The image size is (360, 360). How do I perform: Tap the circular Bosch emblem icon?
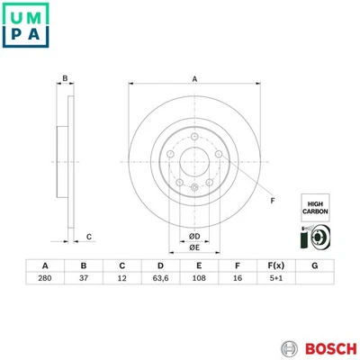(287, 347)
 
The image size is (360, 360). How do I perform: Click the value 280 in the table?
(45, 280)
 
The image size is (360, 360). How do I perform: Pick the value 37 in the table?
(84, 280)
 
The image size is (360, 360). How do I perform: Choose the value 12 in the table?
(122, 280)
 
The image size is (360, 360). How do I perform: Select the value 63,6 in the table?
(160, 280)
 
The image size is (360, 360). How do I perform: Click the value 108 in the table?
(198, 280)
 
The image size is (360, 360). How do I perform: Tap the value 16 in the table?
(237, 280)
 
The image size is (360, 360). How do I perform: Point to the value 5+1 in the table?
(275, 280)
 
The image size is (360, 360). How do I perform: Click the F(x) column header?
(275, 265)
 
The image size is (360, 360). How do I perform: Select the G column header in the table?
(314, 265)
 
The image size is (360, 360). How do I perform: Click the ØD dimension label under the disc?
(193, 236)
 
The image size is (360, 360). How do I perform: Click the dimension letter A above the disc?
(194, 79)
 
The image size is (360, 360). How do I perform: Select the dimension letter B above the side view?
(65, 79)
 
